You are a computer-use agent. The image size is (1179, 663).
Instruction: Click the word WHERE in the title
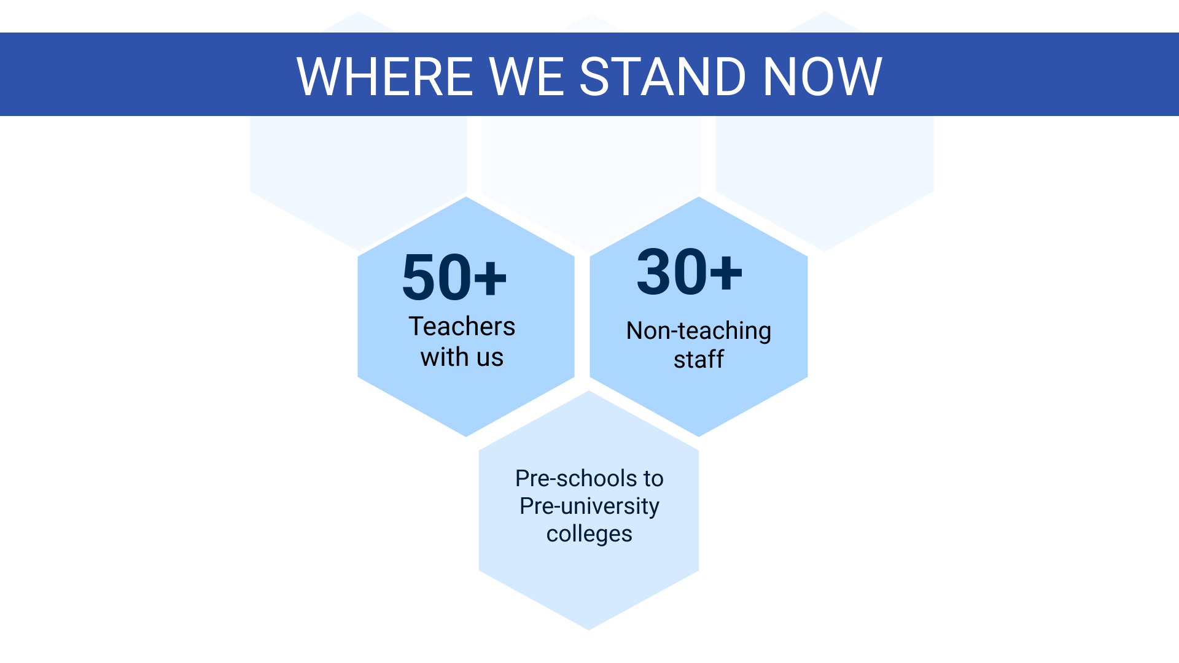tap(385, 77)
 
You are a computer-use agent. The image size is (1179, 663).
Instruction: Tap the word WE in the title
tap(527, 77)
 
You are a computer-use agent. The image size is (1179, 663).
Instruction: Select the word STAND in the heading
tap(663, 77)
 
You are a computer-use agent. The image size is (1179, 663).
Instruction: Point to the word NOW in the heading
tap(822, 77)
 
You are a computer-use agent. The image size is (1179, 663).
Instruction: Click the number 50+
tap(454, 277)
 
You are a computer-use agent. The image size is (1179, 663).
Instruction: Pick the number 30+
tap(689, 272)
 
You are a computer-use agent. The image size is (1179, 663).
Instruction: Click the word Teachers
tap(462, 326)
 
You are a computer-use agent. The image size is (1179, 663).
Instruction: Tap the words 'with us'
tap(462, 357)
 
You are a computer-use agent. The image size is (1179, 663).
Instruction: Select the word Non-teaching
tap(698, 331)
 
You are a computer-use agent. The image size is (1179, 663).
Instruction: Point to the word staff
tap(699, 359)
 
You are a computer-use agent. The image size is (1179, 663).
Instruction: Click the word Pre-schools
tap(576, 478)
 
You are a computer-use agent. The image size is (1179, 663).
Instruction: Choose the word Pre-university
tap(589, 506)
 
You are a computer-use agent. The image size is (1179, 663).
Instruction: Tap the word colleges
tap(589, 534)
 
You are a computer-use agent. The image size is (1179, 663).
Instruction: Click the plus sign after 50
tap(491, 278)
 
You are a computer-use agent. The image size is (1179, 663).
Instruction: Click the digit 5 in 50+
tap(419, 277)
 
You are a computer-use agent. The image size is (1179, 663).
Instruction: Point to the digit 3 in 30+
tap(653, 272)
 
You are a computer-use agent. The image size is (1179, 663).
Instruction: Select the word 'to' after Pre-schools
tap(653, 479)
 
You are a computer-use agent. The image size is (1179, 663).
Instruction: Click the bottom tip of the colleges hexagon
tap(589, 630)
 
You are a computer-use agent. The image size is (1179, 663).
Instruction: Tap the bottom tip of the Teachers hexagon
tap(466, 436)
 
